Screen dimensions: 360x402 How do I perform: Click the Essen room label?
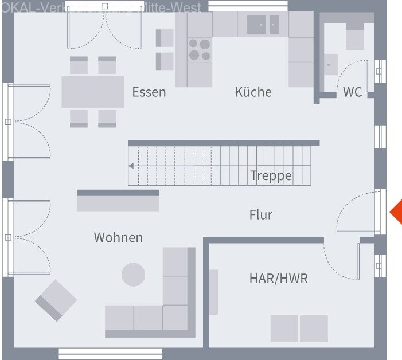point(149,92)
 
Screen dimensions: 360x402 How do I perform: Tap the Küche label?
point(253,92)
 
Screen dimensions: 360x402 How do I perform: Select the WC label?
point(353,92)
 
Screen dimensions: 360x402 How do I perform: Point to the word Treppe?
point(271,175)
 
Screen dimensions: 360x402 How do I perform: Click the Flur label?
point(261,215)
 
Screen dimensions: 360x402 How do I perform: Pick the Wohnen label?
point(118,237)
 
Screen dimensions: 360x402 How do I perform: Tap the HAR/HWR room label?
point(278,279)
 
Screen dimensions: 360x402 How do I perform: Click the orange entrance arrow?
point(396,212)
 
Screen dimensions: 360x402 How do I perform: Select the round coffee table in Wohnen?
point(133,275)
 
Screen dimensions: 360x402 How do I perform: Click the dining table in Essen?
point(93,92)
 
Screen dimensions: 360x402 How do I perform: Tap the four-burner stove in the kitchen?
point(200,49)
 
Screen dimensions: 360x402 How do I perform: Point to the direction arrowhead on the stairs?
point(131,166)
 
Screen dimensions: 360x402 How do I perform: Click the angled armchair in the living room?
point(56,300)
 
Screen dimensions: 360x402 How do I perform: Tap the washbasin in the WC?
point(330,64)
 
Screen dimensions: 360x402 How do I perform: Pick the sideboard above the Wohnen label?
point(118,201)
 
